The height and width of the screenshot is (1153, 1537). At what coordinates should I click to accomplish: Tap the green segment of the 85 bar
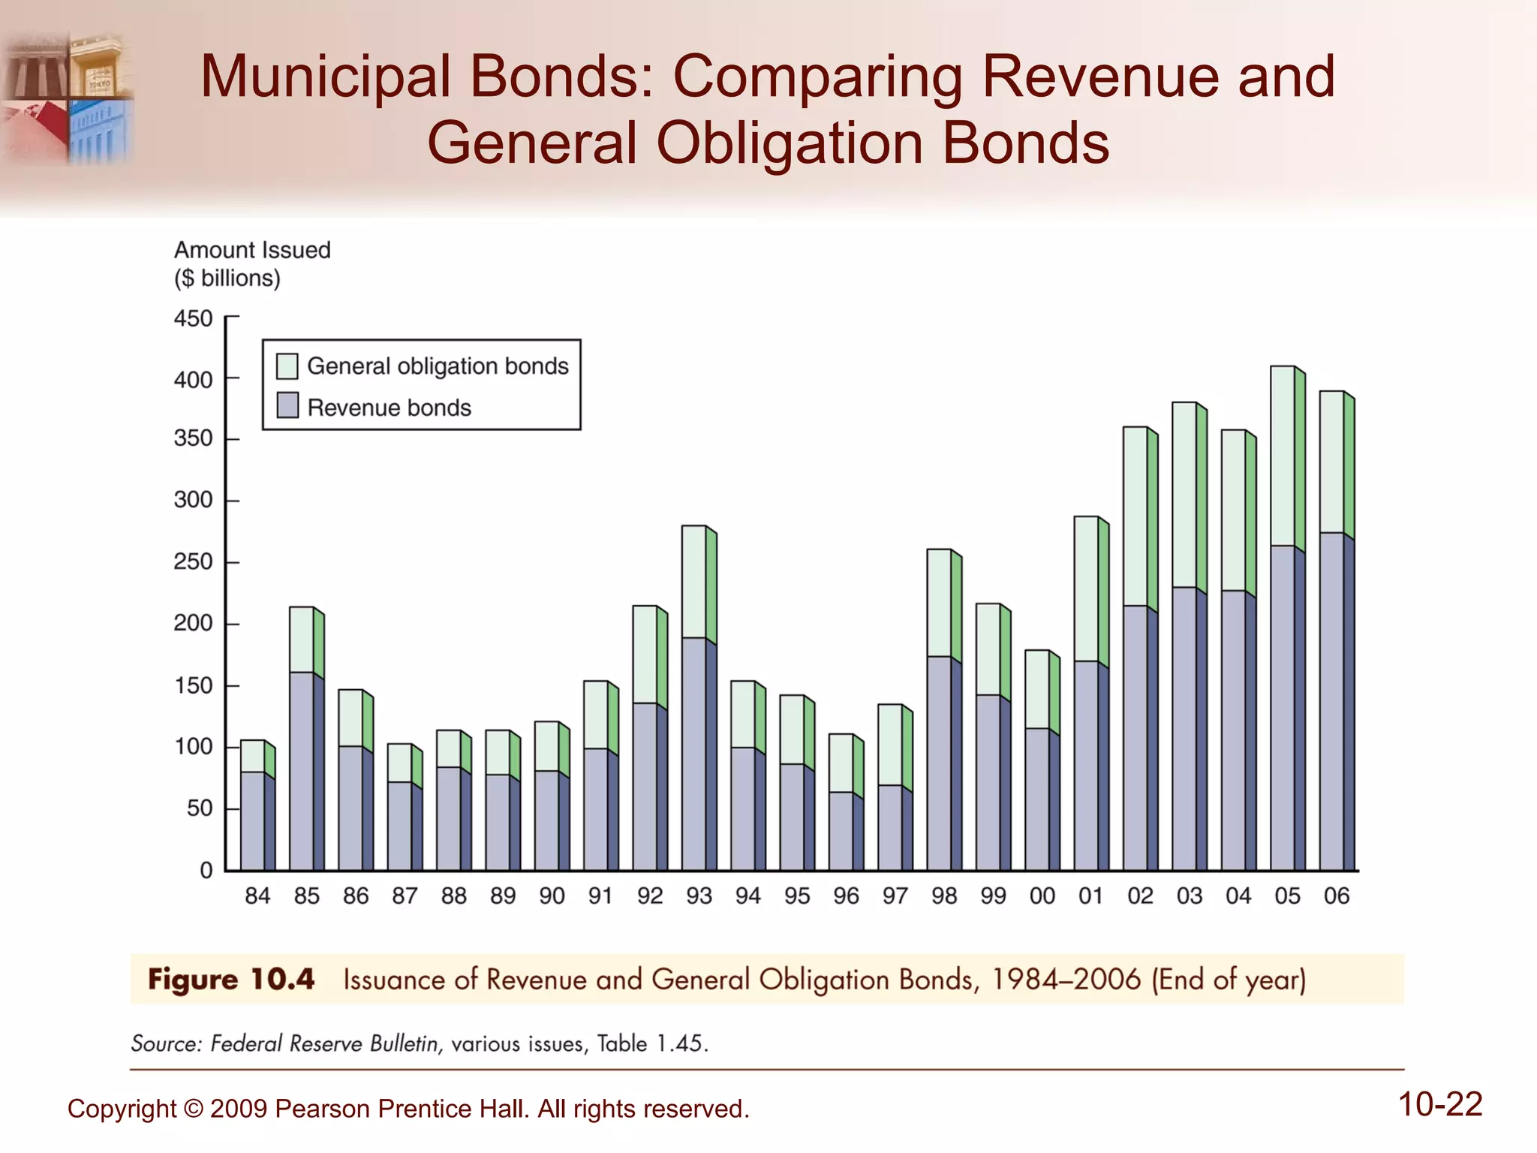[x=302, y=639]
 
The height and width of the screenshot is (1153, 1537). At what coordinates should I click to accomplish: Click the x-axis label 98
[x=944, y=896]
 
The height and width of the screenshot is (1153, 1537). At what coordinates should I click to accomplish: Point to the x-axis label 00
[x=1042, y=896]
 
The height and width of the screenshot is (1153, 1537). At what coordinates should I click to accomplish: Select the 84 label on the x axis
[x=257, y=896]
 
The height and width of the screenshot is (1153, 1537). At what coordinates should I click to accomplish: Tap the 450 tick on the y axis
[x=194, y=318]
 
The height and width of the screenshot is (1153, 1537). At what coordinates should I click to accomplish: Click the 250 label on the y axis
[x=194, y=561]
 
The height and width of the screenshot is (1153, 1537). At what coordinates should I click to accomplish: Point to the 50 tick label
[x=200, y=808]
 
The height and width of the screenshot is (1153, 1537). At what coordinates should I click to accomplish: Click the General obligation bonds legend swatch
[x=287, y=366]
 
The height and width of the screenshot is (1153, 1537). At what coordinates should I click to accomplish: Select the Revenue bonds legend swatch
[x=287, y=406]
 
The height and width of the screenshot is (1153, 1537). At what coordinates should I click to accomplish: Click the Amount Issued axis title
[x=252, y=250]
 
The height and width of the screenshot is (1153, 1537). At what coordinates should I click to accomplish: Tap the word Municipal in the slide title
[x=326, y=77]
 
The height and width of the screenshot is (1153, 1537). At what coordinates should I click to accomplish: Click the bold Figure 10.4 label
[x=231, y=980]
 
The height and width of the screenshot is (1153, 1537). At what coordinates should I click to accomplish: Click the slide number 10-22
[x=1439, y=1105]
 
